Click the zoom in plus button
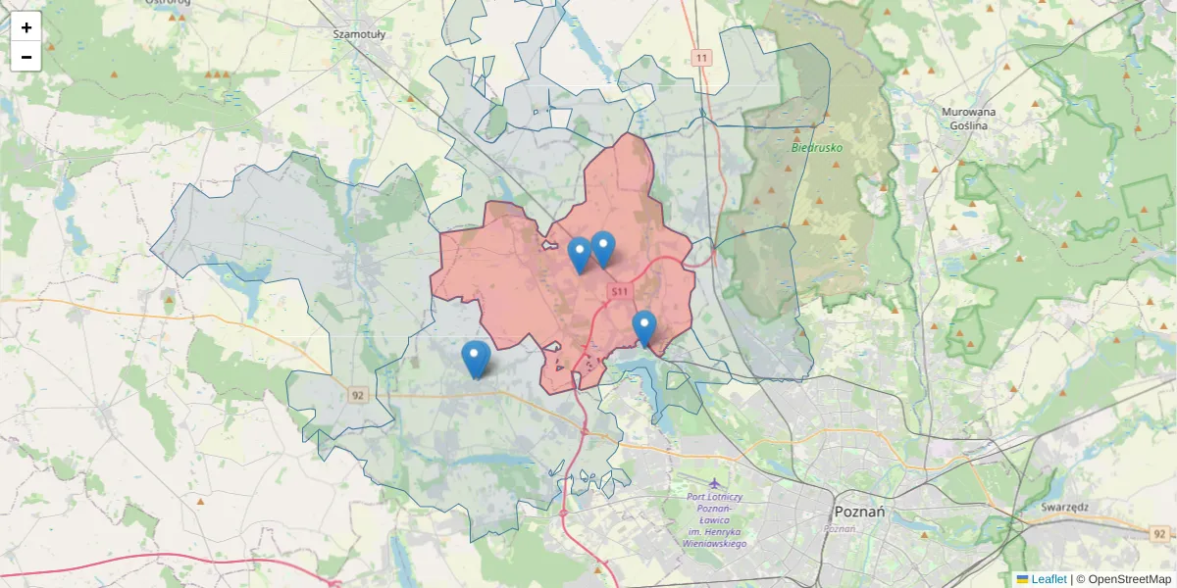tap(26, 27)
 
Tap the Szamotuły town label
tap(359, 33)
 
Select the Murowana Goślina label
tap(968, 119)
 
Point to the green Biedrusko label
tap(817, 148)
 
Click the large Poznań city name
tap(858, 512)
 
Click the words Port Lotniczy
tap(715, 497)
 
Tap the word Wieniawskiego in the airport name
tap(715, 543)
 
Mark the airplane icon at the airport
tap(714, 484)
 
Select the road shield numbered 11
tap(700, 59)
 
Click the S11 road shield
tap(618, 292)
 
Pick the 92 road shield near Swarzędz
tap(1160, 533)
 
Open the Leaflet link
tap(1049, 579)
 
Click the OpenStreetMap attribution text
tap(1129, 579)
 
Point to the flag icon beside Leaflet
tap(1023, 579)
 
